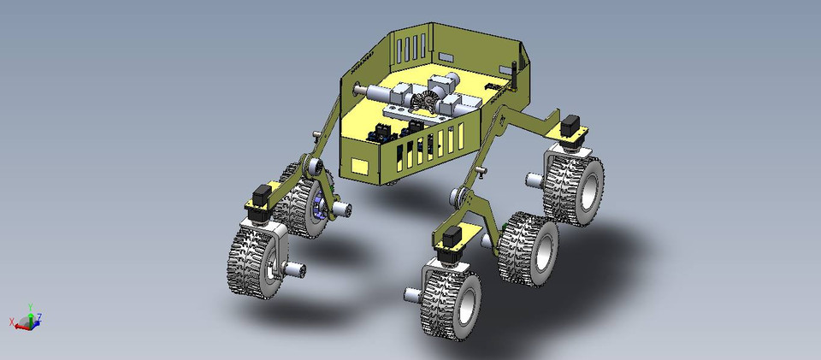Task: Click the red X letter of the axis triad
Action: pyautogui.click(x=11, y=322)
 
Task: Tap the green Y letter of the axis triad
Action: pyautogui.click(x=30, y=305)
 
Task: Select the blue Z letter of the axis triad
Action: pyautogui.click(x=39, y=317)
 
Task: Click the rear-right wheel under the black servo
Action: pyautogui.click(x=574, y=187)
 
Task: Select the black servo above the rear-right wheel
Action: pyautogui.click(x=570, y=122)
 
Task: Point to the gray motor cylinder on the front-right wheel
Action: pyautogui.click(x=411, y=296)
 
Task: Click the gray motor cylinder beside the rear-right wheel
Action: pyautogui.click(x=532, y=180)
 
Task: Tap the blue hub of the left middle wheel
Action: pyautogui.click(x=321, y=209)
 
